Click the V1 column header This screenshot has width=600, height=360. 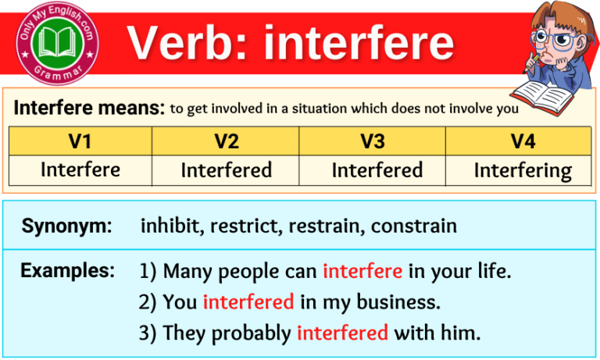80,141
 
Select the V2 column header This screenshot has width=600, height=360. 226,141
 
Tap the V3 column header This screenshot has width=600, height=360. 373,141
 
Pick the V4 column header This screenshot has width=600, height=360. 522,141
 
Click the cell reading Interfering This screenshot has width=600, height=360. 523,170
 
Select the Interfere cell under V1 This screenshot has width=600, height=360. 80,169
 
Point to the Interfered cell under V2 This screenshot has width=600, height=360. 227,169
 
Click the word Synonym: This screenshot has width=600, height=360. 66,226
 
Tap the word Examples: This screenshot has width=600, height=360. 67,271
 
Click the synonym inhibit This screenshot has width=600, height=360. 165,226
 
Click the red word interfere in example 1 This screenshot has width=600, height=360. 362,272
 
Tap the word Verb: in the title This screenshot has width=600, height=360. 190,42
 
